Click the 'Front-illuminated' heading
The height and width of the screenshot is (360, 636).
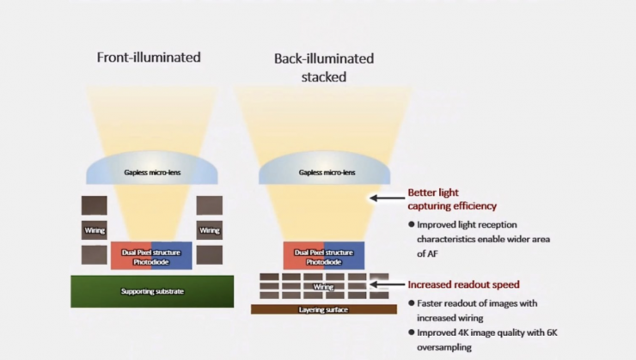(x=149, y=58)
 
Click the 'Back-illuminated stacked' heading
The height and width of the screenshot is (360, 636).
(x=324, y=67)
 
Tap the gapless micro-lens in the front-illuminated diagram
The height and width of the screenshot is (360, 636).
(x=152, y=172)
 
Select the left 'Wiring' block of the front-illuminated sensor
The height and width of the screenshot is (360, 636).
(x=95, y=230)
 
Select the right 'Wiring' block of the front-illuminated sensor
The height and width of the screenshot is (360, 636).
(x=210, y=230)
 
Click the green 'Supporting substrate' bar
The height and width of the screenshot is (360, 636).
(x=152, y=291)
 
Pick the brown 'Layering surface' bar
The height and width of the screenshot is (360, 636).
(x=323, y=309)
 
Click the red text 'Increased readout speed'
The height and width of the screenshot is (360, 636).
(x=463, y=284)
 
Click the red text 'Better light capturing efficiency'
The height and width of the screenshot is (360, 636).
(x=452, y=199)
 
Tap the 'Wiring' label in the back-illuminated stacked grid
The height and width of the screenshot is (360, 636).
(x=323, y=286)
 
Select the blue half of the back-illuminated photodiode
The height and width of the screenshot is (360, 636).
(x=344, y=255)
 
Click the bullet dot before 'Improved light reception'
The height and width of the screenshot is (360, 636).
(x=412, y=224)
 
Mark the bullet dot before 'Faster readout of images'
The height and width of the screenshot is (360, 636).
(x=412, y=303)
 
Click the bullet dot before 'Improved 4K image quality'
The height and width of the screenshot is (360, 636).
(x=412, y=333)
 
